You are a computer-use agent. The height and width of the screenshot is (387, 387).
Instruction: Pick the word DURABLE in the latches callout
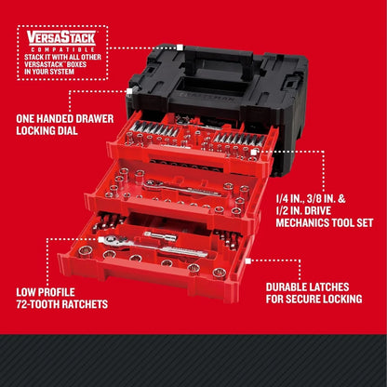pos(286,288)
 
